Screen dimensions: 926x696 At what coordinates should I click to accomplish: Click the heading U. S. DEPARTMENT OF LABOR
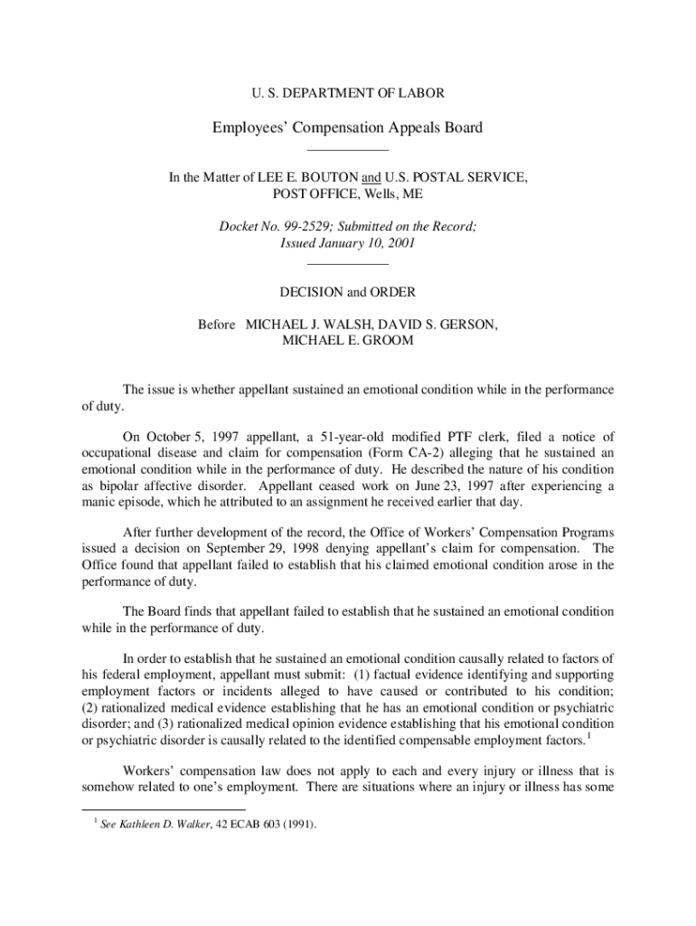tap(348, 92)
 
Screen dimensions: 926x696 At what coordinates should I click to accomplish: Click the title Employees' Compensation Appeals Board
tap(348, 128)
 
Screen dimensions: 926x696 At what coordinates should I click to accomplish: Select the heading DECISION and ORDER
tap(348, 292)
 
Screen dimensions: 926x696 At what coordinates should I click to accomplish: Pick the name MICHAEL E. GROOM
tap(348, 340)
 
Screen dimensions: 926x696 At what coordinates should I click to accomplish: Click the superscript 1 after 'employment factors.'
tap(589, 737)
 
